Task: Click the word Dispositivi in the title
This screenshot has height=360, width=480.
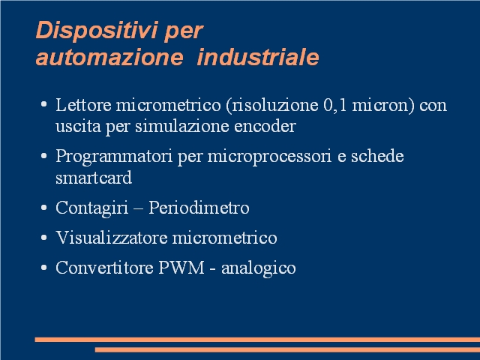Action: [x=97, y=31]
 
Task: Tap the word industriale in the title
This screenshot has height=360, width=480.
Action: [x=258, y=57]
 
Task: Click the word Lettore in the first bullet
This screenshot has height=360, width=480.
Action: [x=83, y=105]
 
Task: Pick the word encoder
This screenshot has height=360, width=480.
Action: [x=265, y=126]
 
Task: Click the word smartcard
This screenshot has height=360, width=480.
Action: [x=94, y=178]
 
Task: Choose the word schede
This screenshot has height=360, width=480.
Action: [x=377, y=156]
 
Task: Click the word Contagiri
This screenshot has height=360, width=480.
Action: [x=91, y=208]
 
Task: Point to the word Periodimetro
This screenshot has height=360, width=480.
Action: [x=199, y=208]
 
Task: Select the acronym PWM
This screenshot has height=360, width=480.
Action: [x=181, y=268]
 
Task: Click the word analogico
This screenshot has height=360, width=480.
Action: [x=258, y=268]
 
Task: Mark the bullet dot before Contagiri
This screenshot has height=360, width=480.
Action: [x=43, y=208]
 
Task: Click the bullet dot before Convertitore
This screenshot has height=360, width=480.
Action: [x=43, y=268]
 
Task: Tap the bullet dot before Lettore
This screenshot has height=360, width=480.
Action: [x=43, y=104]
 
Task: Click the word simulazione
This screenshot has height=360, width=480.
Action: [x=182, y=126]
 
